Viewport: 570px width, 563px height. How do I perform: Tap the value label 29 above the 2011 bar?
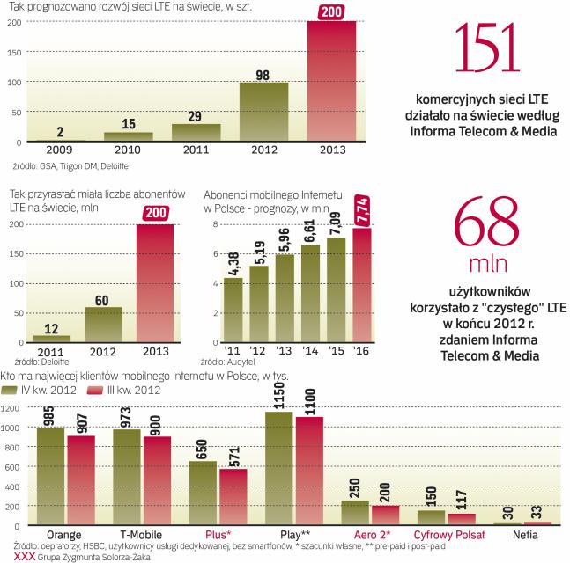(196, 116)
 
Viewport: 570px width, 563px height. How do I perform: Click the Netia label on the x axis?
(524, 534)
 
